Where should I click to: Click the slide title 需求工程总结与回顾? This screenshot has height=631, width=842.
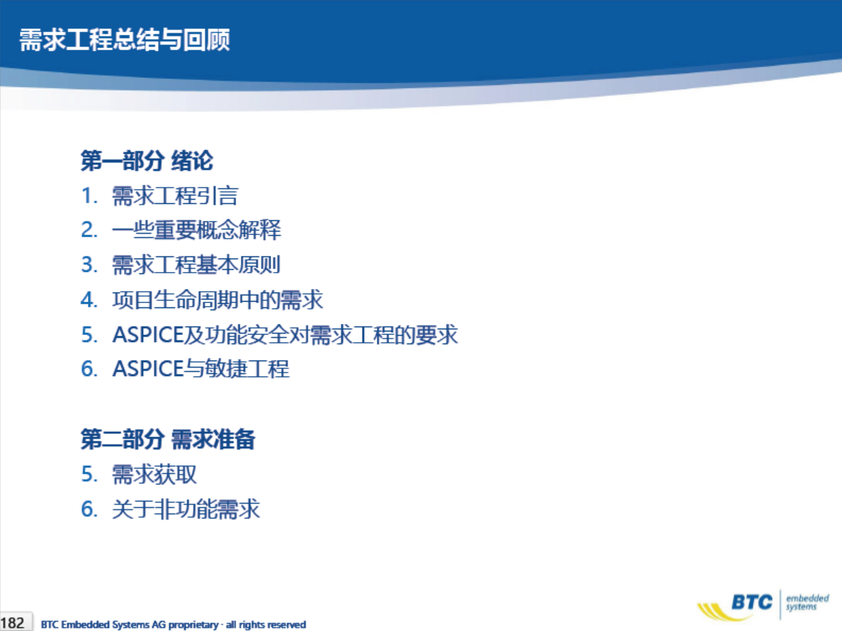pyautogui.click(x=125, y=40)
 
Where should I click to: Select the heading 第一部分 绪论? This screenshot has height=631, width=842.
pyautogui.click(x=147, y=161)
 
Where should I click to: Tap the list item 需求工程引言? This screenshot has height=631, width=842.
pyautogui.click(x=175, y=195)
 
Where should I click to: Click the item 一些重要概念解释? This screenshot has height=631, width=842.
pyautogui.click(x=197, y=230)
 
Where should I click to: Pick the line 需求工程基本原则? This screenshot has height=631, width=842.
pyautogui.click(x=197, y=265)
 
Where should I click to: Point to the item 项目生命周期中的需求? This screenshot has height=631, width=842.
pyautogui.click(x=217, y=300)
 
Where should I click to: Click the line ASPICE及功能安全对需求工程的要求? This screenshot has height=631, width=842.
pyautogui.click(x=285, y=334)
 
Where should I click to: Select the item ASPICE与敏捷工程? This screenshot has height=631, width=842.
pyautogui.click(x=201, y=369)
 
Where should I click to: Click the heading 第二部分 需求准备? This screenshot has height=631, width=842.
pyautogui.click(x=168, y=439)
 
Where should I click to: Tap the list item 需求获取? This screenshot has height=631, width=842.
pyautogui.click(x=154, y=474)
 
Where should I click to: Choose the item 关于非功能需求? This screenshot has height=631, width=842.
pyautogui.click(x=186, y=509)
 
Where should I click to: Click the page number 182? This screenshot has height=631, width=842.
pyautogui.click(x=12, y=623)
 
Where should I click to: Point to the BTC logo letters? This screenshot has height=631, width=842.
pyautogui.click(x=752, y=602)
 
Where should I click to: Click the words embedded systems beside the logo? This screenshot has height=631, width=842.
pyautogui.click(x=807, y=602)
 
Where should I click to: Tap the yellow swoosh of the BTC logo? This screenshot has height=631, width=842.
pyautogui.click(x=719, y=611)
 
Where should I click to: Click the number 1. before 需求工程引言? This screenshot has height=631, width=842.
pyautogui.click(x=89, y=196)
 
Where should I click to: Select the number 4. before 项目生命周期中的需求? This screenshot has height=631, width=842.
pyautogui.click(x=89, y=300)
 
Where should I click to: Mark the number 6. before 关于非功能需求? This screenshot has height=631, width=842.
pyautogui.click(x=89, y=510)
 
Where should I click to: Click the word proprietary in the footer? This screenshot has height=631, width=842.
pyautogui.click(x=193, y=625)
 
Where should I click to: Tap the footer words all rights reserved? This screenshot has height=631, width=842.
pyautogui.click(x=266, y=625)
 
